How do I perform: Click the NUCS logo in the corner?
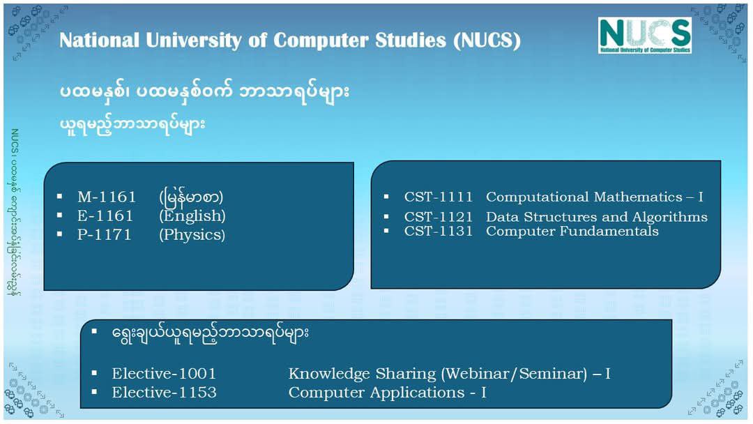644,35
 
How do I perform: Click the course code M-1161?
107,197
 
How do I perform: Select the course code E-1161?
105,215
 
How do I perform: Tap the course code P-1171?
104,234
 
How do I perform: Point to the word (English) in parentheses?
192,216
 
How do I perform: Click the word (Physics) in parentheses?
192,235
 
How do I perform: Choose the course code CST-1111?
438,197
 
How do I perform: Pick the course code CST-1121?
438,217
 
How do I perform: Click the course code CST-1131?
438,231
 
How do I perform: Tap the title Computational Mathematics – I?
595,197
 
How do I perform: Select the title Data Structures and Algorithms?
596,217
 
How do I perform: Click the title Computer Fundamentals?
572,231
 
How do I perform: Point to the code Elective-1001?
164,374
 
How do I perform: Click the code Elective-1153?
164,393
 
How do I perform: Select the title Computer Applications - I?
387,393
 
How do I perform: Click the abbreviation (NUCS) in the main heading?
487,40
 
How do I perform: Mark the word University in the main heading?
194,41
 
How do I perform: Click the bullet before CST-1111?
386,196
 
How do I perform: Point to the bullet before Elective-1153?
94,392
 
